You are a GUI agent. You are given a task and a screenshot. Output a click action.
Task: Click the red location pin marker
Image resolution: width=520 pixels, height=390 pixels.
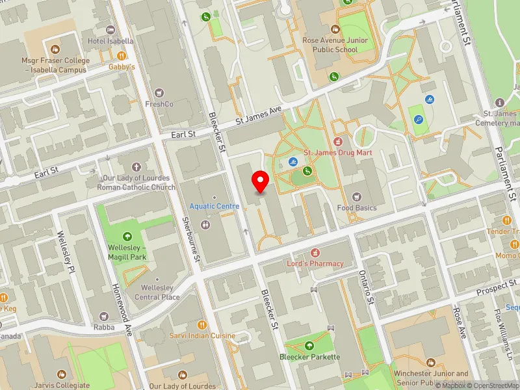pyautogui.click(x=261, y=181)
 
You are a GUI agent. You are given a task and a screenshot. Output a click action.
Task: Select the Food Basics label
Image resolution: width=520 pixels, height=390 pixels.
pyautogui.click(x=357, y=207)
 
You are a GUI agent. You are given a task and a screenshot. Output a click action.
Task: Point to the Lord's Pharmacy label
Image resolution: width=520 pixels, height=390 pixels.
pyautogui.click(x=315, y=263)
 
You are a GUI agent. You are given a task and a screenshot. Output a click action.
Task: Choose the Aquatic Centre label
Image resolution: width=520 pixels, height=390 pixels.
pyautogui.click(x=214, y=206)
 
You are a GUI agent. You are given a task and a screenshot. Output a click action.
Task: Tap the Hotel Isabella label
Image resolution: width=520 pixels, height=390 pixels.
pyautogui.click(x=110, y=41)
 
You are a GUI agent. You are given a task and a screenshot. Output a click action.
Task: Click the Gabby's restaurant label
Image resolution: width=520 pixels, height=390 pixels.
pyautogui.click(x=122, y=66)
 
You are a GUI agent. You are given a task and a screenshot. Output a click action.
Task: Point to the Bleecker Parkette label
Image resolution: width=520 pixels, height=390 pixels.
pyautogui.click(x=309, y=356)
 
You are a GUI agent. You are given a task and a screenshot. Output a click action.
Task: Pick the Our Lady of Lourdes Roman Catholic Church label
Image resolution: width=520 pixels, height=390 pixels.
pyautogui.click(x=136, y=183)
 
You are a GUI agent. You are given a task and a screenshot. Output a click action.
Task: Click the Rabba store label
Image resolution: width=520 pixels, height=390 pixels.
pyautogui.click(x=104, y=327)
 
